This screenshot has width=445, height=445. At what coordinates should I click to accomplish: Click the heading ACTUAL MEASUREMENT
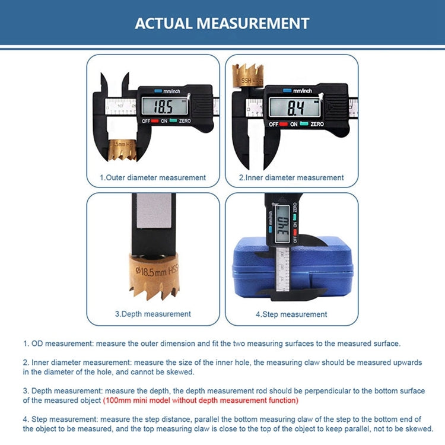click(222, 23)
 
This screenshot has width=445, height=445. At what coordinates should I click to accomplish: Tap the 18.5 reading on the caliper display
click(163, 107)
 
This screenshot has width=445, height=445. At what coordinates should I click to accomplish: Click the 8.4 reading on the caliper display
click(296, 107)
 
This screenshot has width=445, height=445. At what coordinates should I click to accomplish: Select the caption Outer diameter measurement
click(152, 177)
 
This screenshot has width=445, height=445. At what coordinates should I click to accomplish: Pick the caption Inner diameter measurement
click(291, 177)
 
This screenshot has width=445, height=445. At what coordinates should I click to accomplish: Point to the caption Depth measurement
click(152, 314)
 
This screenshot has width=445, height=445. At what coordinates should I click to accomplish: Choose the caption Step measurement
click(291, 314)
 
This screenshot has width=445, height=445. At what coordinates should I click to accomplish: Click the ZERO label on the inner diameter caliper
click(317, 124)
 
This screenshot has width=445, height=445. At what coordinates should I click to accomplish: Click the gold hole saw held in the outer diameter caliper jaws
click(123, 150)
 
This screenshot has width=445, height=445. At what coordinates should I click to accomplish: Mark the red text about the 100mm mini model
click(201, 401)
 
